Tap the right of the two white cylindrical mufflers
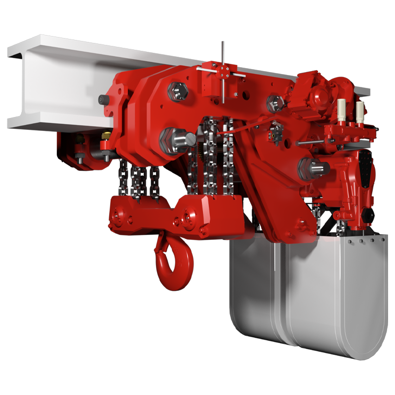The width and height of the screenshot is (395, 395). point(360,112)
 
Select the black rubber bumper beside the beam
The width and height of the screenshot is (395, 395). point(103,99)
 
